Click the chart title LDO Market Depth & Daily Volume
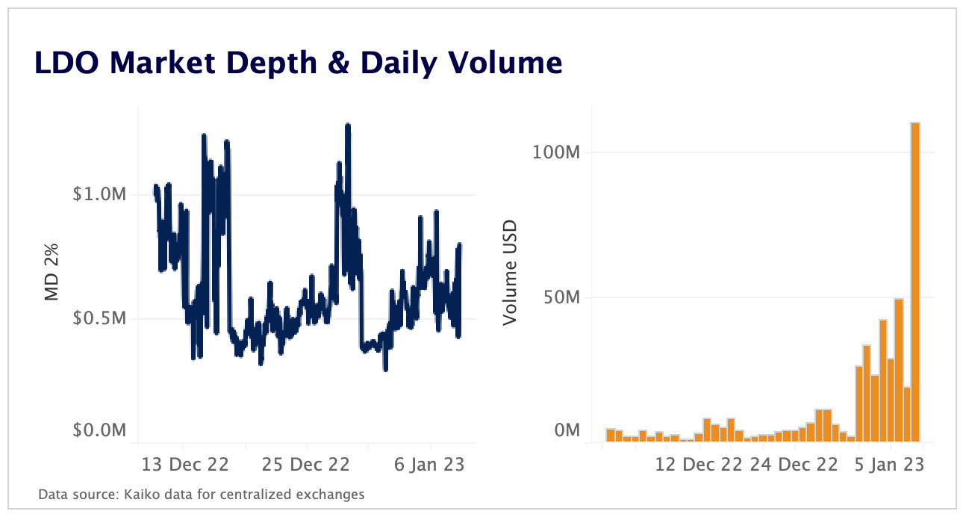click(x=298, y=64)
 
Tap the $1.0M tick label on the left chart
click(x=100, y=194)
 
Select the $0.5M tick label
click(x=100, y=318)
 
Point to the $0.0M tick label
click(x=100, y=430)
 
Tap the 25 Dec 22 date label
click(x=306, y=464)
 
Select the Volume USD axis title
click(x=510, y=273)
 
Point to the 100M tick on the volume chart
click(x=556, y=152)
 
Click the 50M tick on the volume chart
click(x=561, y=297)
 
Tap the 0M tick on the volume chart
click(x=565, y=430)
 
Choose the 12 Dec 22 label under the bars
click(x=699, y=464)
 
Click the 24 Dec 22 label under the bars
click(x=794, y=464)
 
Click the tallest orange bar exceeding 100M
click(x=914, y=284)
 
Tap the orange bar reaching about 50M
click(x=899, y=370)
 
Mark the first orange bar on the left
click(x=610, y=435)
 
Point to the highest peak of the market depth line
click(x=348, y=126)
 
